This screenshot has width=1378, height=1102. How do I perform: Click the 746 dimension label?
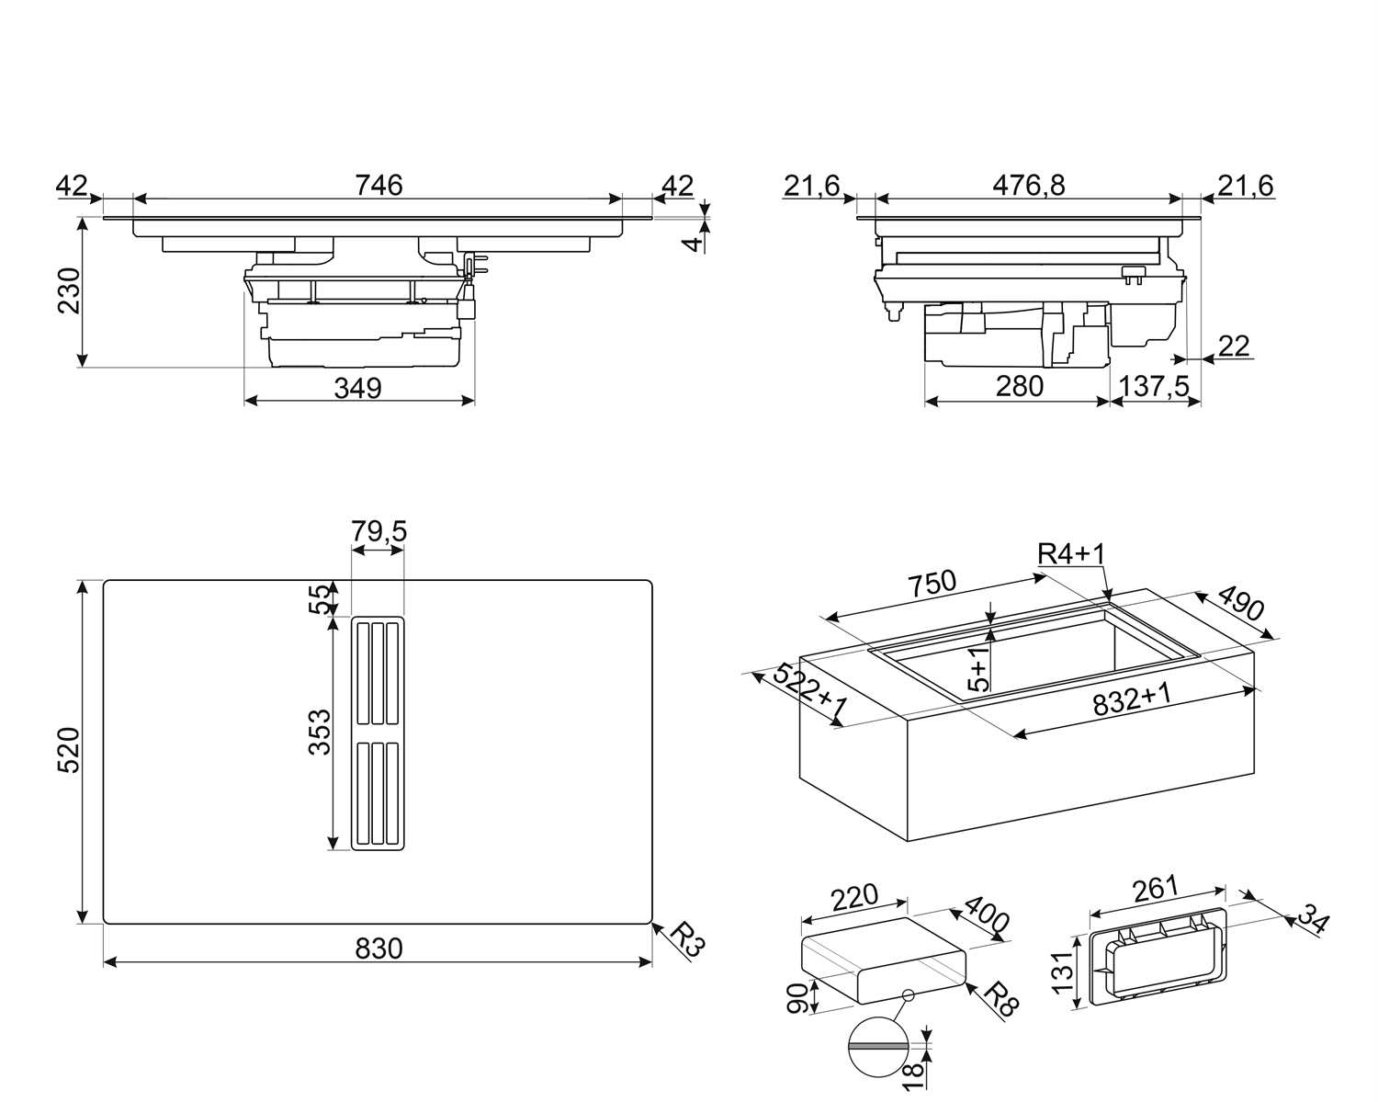click(378, 185)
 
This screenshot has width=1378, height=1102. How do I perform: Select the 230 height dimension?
click(70, 290)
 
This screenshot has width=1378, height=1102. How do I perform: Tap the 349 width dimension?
click(357, 389)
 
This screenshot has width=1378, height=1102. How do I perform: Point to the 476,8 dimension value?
click(1028, 185)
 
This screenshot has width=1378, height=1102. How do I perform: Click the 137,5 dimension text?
click(1155, 387)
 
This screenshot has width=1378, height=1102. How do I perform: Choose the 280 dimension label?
click(1019, 387)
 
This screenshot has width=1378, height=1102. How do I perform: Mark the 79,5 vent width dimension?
click(378, 531)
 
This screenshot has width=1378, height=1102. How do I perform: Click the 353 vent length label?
click(319, 731)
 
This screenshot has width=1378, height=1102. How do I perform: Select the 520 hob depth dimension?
click(70, 750)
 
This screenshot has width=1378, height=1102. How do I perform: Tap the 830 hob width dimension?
click(378, 948)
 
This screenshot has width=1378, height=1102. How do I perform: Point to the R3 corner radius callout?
click(683, 941)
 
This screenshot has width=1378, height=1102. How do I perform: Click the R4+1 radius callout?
click(1070, 553)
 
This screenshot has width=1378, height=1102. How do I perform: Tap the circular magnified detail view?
click(877, 1046)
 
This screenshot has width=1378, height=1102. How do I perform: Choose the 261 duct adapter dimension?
click(1155, 889)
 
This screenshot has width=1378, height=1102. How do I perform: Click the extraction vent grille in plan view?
click(377, 733)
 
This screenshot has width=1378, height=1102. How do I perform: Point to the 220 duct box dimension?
click(853, 896)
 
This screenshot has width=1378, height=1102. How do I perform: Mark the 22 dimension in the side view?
click(1234, 347)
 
